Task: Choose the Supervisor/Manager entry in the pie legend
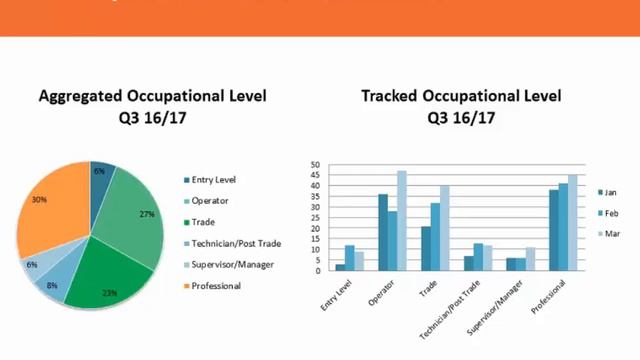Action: (233, 265)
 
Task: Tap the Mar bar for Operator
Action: (402, 220)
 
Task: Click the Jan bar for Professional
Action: (553, 230)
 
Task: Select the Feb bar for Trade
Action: (435, 237)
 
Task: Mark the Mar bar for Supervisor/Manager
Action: (530, 259)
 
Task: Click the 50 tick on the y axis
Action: (315, 165)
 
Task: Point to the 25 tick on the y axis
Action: (315, 218)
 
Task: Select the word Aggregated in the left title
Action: (80, 96)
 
